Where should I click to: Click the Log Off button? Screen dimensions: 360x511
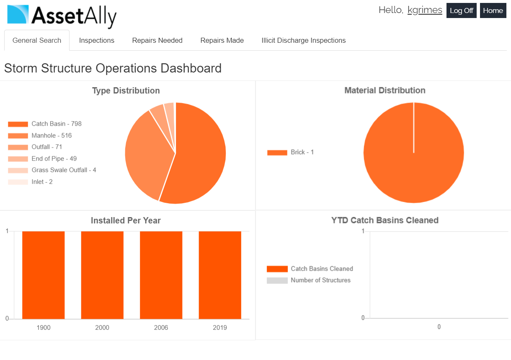pyautogui.click(x=461, y=10)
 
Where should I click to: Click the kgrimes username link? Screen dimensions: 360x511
pyautogui.click(x=425, y=10)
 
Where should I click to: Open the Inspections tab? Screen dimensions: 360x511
pyautogui.click(x=97, y=41)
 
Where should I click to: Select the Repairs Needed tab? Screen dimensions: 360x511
pyautogui.click(x=157, y=41)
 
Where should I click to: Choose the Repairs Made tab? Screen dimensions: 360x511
pyautogui.click(x=222, y=41)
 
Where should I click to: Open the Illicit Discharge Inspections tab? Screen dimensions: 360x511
pyautogui.click(x=304, y=41)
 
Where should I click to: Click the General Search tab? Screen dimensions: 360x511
pyautogui.click(x=37, y=41)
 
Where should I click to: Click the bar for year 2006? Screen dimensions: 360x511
pyautogui.click(x=161, y=275)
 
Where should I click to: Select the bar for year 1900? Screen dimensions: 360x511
pyautogui.click(x=44, y=275)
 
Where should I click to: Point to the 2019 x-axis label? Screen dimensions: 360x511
pyautogui.click(x=220, y=328)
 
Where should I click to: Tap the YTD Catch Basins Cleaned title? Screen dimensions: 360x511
pyautogui.click(x=385, y=220)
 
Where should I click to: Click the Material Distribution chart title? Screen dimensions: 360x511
pyautogui.click(x=385, y=91)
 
